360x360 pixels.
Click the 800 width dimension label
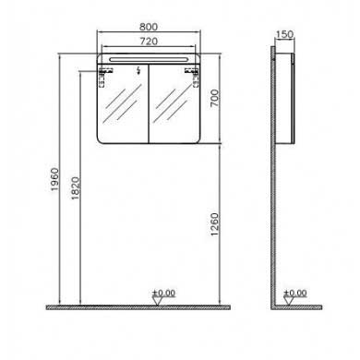[x=149, y=27]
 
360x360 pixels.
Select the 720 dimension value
[x=149, y=42]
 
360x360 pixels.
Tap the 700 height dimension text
[x=214, y=98]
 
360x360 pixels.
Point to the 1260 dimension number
[x=214, y=224]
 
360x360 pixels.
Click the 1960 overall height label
[x=54, y=179]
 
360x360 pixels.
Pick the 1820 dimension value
[x=76, y=188]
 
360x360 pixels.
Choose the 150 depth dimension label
[x=284, y=34]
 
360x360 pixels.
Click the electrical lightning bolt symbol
[x=139, y=71]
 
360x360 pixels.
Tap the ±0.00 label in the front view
[x=164, y=293]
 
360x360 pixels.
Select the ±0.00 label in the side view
[x=295, y=293]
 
